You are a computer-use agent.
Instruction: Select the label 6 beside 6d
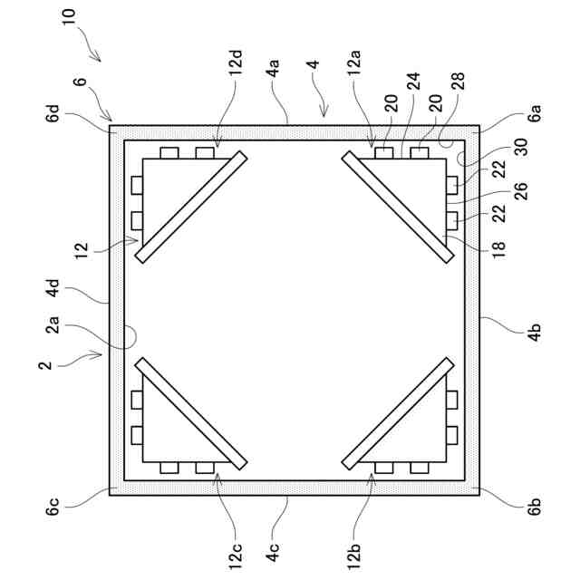click(81, 82)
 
